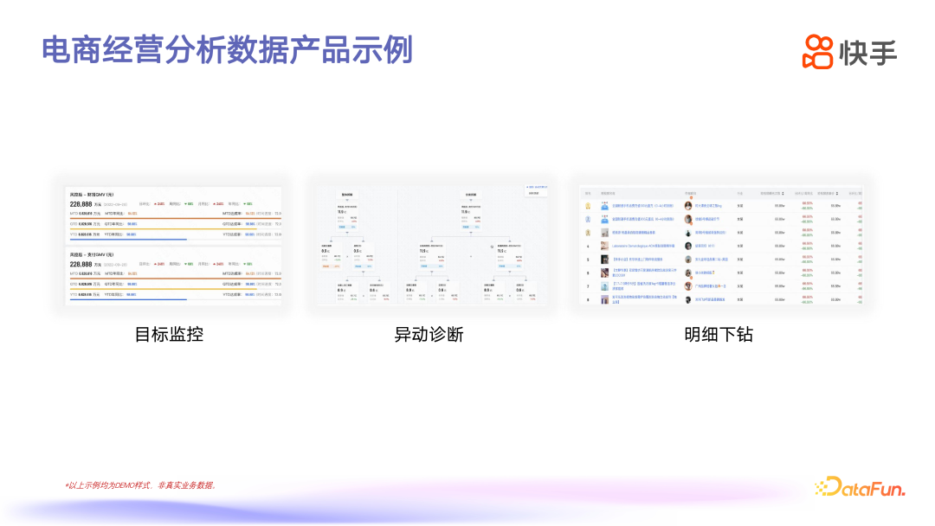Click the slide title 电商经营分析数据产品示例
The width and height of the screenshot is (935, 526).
pos(227,50)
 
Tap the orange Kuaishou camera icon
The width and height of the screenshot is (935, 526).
pos(817,52)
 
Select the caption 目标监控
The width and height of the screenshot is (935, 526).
pos(169,334)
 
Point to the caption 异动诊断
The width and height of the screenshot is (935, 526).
pos(429,334)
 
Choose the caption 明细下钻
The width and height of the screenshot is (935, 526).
pos(718,334)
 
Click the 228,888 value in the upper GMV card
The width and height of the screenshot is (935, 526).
pos(81,204)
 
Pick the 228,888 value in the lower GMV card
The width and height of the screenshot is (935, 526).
pos(81,264)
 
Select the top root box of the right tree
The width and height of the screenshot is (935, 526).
pos(472,196)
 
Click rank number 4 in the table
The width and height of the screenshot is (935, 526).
pos(588,246)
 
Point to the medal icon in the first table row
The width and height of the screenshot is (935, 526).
pos(588,206)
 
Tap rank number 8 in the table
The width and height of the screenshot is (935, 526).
pos(588,299)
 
